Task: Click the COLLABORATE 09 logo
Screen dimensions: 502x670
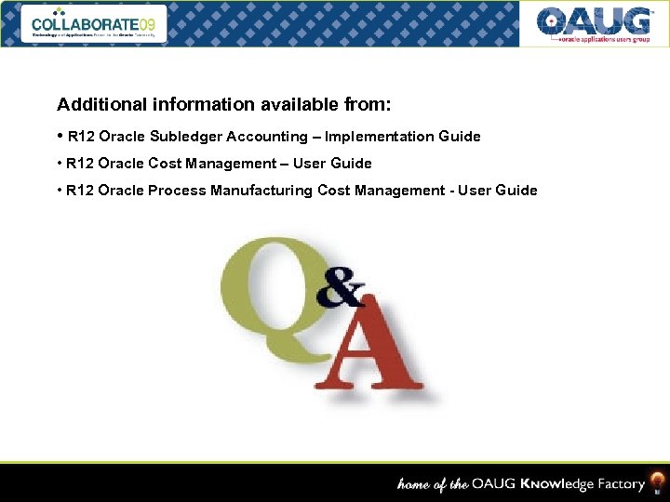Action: (x=98, y=23)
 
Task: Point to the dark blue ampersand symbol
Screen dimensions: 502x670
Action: (x=340, y=289)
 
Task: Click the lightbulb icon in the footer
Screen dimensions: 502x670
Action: (x=657, y=483)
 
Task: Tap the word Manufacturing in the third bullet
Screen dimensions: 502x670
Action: (x=262, y=191)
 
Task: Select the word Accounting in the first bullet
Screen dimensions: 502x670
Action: (x=262, y=137)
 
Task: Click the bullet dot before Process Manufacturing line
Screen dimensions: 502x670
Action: (x=60, y=191)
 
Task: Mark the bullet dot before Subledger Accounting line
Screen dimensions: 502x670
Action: (x=60, y=136)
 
